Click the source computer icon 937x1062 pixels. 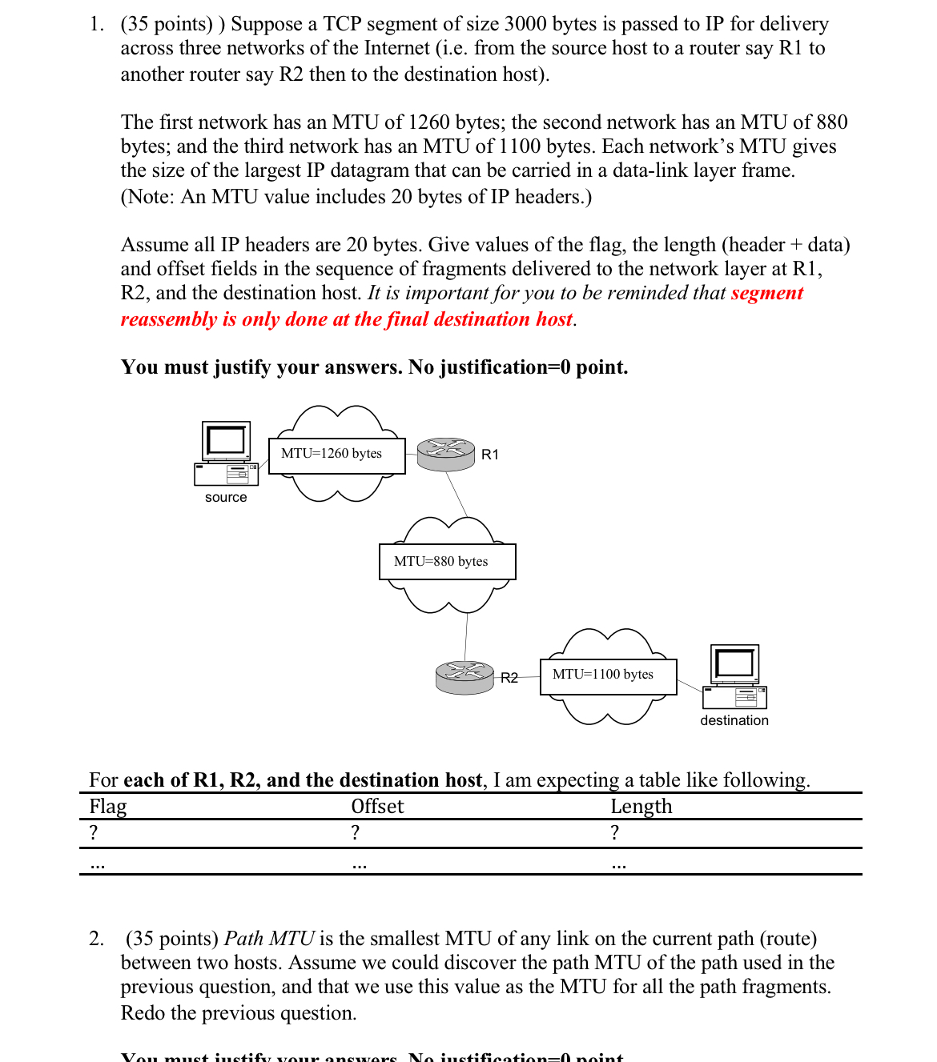[226, 454]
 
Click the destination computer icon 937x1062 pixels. [734, 677]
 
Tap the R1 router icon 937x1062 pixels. [446, 454]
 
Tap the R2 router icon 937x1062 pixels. [464, 677]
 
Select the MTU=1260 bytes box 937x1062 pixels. [336, 455]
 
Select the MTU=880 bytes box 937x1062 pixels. [447, 562]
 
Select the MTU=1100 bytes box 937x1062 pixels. [608, 675]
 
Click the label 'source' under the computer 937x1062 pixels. [226, 497]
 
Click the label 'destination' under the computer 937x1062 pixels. [734, 720]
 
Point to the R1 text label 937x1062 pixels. [489, 455]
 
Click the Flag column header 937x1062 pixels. [108, 806]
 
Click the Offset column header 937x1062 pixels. [377, 806]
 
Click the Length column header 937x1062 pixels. [641, 806]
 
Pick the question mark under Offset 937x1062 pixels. [356, 832]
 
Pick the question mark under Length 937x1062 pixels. [614, 832]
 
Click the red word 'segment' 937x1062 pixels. [766, 293]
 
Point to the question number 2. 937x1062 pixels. [96, 939]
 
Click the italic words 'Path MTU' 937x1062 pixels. [268, 939]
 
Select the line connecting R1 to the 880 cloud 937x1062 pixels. [456, 495]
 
